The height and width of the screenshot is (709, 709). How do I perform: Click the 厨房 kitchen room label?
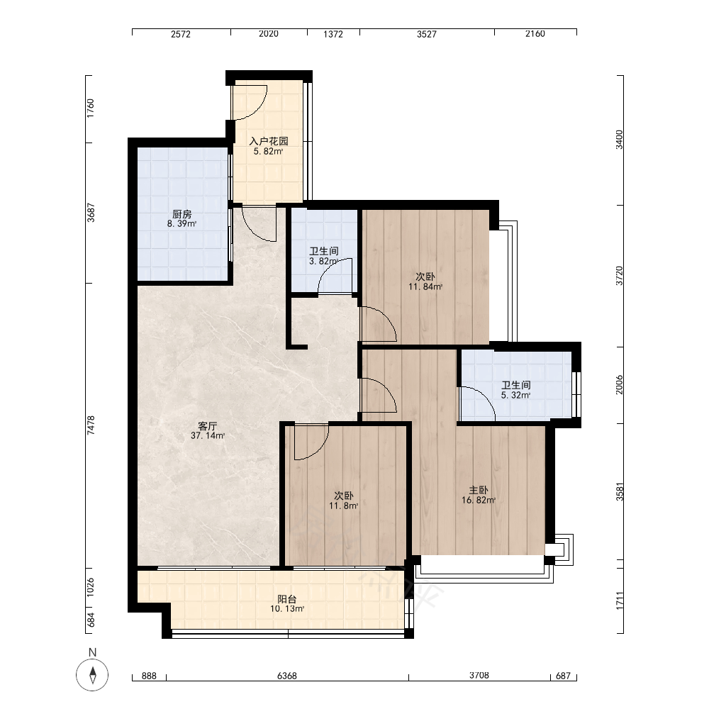tap(182, 214)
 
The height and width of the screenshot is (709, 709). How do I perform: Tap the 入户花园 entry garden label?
tap(269, 141)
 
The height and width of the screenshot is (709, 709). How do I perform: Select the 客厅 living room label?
tap(208, 426)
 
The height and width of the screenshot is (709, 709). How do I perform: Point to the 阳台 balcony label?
tap(287, 599)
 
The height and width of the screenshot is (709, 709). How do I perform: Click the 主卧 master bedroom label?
tap(479, 490)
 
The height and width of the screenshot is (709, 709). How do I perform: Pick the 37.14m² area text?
tap(208, 436)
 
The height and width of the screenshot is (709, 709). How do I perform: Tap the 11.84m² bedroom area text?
tap(425, 286)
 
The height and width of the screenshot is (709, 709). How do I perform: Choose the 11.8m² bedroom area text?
tap(344, 506)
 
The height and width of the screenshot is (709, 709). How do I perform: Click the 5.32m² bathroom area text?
tap(515, 395)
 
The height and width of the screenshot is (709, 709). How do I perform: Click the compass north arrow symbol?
tap(93, 675)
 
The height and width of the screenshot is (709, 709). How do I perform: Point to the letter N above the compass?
tap(93, 652)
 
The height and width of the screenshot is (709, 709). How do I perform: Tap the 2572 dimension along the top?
tap(181, 34)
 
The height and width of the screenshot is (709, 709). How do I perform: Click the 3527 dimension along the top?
tap(427, 34)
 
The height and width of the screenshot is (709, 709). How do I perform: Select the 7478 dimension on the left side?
tap(91, 425)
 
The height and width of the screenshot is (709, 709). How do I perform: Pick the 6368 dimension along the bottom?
tap(287, 676)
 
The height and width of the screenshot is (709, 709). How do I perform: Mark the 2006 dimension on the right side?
tap(619, 385)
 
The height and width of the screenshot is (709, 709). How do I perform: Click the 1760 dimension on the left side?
tap(91, 108)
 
